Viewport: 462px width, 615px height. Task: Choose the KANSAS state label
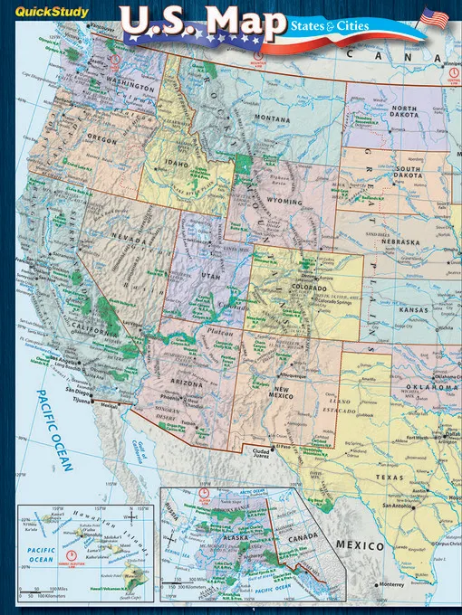pos(413,309)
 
